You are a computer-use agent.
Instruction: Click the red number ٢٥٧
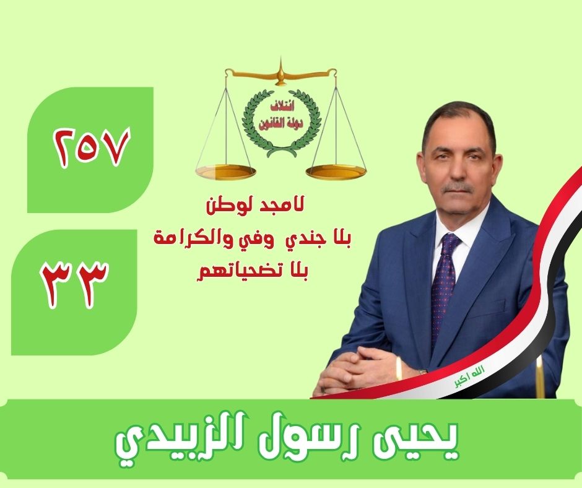[93, 148]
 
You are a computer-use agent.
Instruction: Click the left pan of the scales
[223, 171]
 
